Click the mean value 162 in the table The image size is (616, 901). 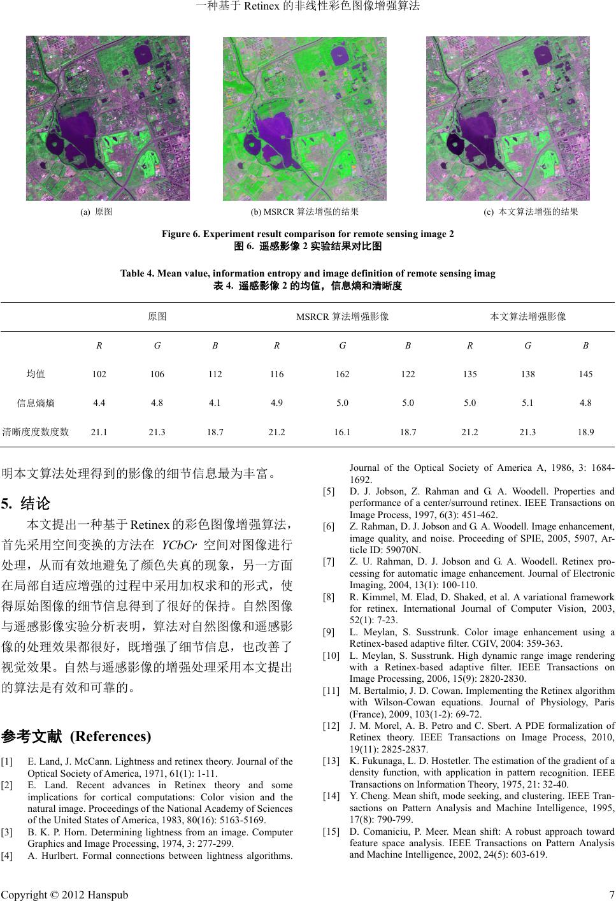pos(342,374)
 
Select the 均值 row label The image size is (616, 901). pos(35,374)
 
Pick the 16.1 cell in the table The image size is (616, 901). pos(342,432)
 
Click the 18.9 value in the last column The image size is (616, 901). pos(585,432)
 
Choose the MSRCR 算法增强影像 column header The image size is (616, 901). pos(343,316)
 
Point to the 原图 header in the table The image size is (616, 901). pos(157,316)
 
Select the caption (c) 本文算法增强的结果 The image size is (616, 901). pos(531,212)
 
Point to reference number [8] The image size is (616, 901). pos(329,598)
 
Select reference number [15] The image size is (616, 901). pos(331,832)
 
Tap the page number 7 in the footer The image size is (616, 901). pos(610,894)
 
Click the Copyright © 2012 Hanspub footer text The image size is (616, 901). pos(64,894)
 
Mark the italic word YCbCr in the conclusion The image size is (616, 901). pos(179,545)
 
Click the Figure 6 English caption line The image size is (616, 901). pos(308,234)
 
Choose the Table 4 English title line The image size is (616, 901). pos(308,274)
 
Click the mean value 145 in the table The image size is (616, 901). pos(585,374)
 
